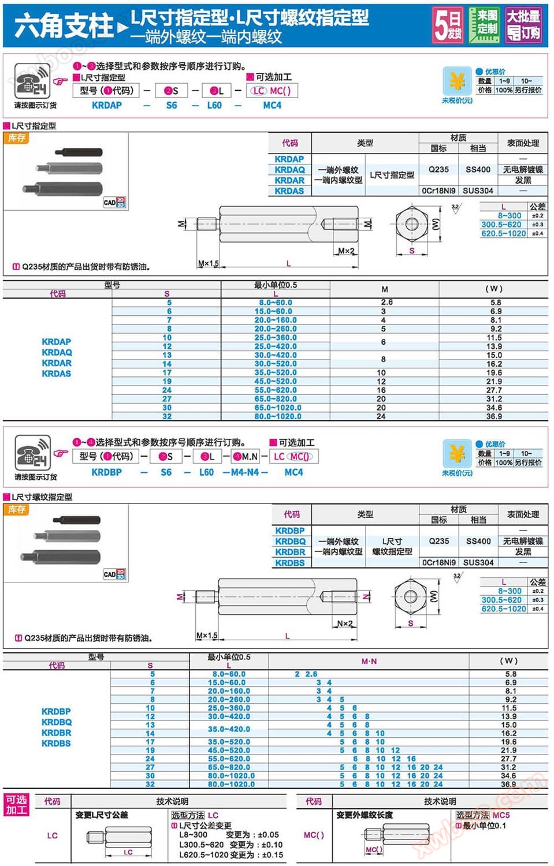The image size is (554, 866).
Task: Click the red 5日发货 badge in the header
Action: click(448, 25)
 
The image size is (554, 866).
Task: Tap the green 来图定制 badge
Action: click(484, 25)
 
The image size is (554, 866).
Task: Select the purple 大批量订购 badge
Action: click(523, 25)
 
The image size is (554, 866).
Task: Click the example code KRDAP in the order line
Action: click(107, 106)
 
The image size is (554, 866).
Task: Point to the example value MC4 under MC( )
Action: click(272, 106)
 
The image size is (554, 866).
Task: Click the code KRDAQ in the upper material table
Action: click(289, 170)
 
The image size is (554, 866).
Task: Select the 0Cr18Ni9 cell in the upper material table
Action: click(438, 191)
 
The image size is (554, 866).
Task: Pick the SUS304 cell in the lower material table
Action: click(478, 562)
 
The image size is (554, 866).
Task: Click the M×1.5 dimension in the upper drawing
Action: click(209, 263)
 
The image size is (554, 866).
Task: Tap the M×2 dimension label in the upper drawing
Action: click(347, 251)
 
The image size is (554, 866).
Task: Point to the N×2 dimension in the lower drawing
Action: click(345, 624)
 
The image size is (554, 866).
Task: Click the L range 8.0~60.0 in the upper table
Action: click(276, 303)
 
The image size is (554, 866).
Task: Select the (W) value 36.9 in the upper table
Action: click(494, 416)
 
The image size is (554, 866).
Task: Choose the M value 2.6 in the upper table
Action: click(386, 302)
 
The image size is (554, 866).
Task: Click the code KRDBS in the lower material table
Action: click(290, 563)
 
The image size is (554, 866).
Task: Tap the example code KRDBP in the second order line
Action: click(107, 472)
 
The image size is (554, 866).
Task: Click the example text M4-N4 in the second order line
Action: click(245, 472)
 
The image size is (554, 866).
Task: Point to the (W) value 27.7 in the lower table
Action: click(508, 759)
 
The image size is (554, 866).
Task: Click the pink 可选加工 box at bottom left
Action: click(17, 805)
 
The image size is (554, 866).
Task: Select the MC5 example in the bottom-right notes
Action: click(501, 815)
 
